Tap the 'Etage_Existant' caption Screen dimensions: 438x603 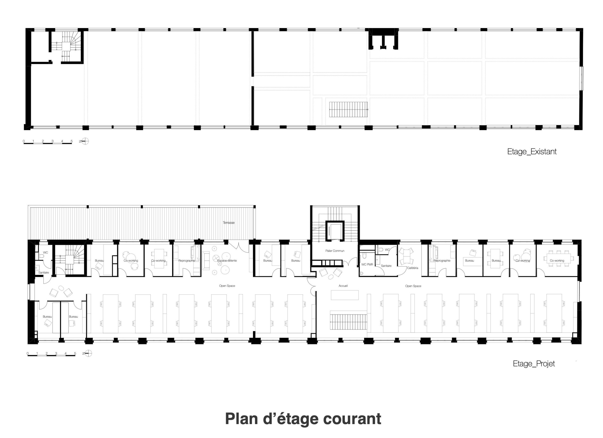pyautogui.click(x=532, y=152)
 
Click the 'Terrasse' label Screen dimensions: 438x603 pyautogui.click(x=229, y=223)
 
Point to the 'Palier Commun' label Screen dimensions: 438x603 pyautogui.click(x=335, y=251)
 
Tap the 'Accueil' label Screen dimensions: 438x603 pyautogui.click(x=343, y=286)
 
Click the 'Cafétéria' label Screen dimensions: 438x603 pyautogui.click(x=413, y=268)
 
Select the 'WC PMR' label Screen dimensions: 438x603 pyautogui.click(x=367, y=264)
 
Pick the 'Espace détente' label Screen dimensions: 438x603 pyautogui.click(x=227, y=260)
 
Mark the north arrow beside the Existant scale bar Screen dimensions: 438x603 pyautogui.click(x=85, y=141)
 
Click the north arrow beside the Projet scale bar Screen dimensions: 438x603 pyautogui.click(x=89, y=353)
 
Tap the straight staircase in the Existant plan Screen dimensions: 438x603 pyautogui.click(x=348, y=109)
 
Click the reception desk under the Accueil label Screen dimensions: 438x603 pyautogui.click(x=345, y=295)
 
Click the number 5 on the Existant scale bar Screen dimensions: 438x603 pyautogui.click(x=72, y=141)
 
